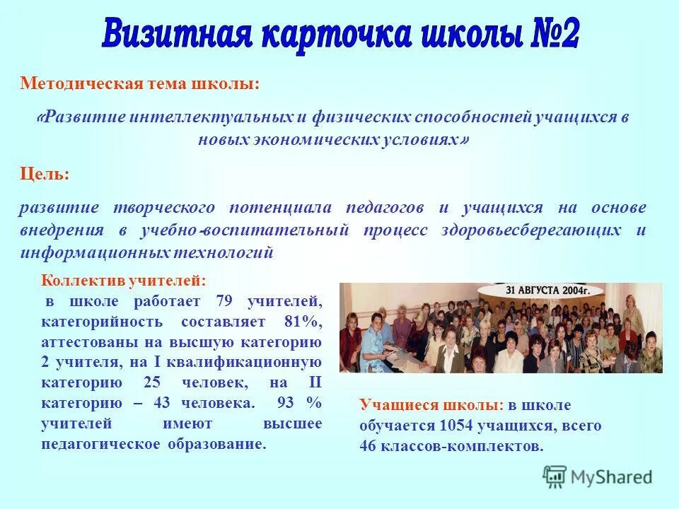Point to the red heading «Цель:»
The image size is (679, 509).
[44, 174]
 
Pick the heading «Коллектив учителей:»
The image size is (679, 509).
[124, 281]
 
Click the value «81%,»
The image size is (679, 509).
[303, 322]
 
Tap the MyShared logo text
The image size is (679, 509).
[611, 477]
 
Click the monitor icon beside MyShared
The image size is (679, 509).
[555, 476]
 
